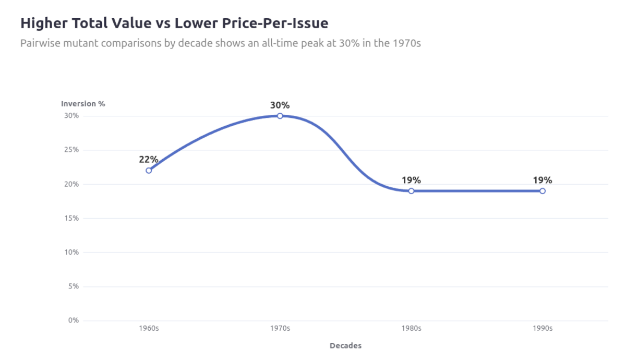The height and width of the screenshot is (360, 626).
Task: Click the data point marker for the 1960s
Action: point(149,170)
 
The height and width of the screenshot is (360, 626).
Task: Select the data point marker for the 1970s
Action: point(280,116)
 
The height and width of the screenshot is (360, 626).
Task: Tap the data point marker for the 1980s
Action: point(411,191)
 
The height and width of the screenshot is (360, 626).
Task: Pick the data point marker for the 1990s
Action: point(543,191)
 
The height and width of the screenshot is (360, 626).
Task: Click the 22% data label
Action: point(149,159)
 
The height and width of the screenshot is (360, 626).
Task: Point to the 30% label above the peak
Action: point(280,105)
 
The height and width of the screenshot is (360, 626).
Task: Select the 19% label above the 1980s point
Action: point(411,180)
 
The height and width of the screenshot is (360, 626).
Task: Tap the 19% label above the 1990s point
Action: point(543,180)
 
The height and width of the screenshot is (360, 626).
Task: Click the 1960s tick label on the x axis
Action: point(149,329)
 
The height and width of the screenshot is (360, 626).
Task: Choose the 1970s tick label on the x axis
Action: point(280,329)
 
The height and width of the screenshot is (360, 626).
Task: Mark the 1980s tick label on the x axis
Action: point(411,329)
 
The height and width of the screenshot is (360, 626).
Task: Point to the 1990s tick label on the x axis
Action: point(543,329)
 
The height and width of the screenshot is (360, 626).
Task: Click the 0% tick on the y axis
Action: point(73,320)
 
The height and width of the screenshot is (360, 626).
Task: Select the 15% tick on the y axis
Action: point(71,218)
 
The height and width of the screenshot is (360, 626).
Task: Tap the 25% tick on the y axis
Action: point(71,150)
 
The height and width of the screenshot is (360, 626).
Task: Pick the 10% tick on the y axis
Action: point(71,252)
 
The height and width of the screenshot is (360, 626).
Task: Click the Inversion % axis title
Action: point(83,103)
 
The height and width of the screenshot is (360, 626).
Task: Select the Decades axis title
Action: point(345,345)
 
